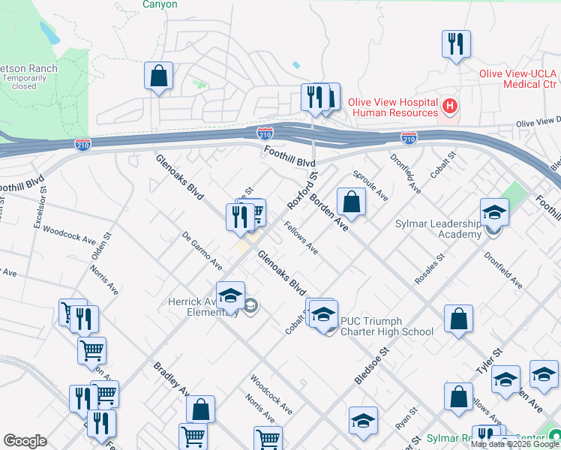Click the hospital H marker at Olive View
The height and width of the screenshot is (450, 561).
(450, 106)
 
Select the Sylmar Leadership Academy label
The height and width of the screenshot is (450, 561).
(438, 229)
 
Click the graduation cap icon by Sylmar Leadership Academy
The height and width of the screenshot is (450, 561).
(494, 214)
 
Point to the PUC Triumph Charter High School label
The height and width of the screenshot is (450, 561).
(386, 326)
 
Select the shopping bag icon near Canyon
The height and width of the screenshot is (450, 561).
(159, 76)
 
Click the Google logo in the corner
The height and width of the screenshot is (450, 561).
(25, 441)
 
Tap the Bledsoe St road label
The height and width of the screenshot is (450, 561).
(373, 364)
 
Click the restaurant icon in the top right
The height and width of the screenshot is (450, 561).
(456, 44)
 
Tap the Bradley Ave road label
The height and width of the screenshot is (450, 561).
(171, 379)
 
